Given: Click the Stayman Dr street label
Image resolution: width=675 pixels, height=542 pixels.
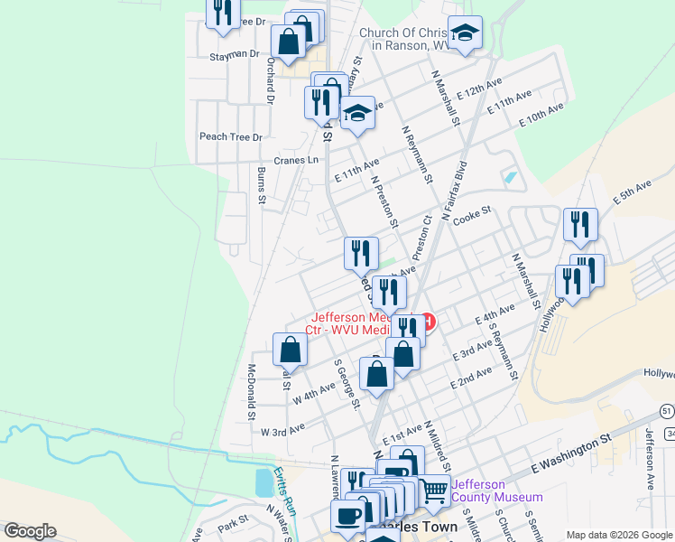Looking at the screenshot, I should (235, 54).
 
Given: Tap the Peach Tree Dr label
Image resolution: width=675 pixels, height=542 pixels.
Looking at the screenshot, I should (230, 137).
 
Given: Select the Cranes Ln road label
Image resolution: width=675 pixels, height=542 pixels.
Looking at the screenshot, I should (297, 160).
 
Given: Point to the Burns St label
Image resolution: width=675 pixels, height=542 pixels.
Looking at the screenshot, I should (260, 185).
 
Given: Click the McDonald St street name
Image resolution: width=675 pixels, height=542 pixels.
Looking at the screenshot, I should (251, 392).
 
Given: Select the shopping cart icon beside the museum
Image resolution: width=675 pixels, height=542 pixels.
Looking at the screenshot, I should (435, 491).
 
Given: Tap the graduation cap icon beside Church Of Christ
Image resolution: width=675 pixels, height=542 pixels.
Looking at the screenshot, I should (465, 33).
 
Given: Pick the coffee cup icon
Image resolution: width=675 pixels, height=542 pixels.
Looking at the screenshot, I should (347, 516).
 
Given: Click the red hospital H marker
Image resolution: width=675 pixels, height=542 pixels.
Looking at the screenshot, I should (428, 322).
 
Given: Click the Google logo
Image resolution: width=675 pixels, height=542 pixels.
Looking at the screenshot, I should (30, 531).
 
